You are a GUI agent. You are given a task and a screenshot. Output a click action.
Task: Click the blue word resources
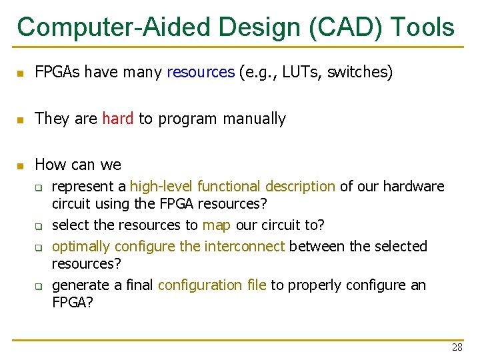click(x=201, y=72)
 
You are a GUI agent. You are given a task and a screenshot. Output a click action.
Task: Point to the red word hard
click(x=118, y=119)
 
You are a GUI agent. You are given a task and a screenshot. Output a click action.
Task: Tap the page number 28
click(x=457, y=347)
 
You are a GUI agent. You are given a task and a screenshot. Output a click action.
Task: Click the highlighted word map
click(x=216, y=225)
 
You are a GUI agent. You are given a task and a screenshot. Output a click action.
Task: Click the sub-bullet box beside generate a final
click(x=39, y=286)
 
